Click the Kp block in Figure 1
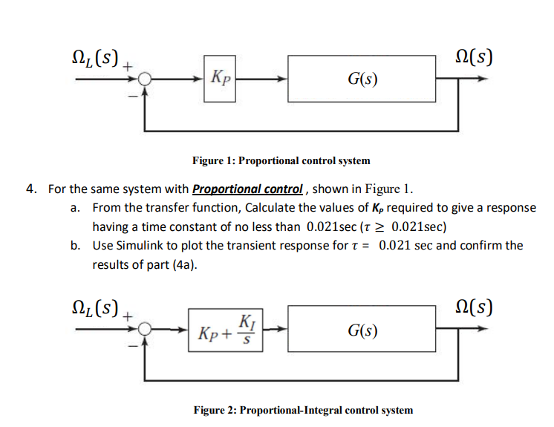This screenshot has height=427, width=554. tap(220, 77)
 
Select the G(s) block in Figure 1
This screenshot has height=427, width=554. tap(362, 78)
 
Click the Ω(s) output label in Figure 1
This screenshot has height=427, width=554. tap(475, 57)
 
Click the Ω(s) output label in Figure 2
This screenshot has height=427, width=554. tap(475, 307)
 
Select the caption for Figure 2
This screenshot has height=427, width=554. tap(303, 410)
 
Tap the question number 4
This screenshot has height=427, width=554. tap(30, 189)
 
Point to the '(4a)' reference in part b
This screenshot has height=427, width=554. tap(185, 264)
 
